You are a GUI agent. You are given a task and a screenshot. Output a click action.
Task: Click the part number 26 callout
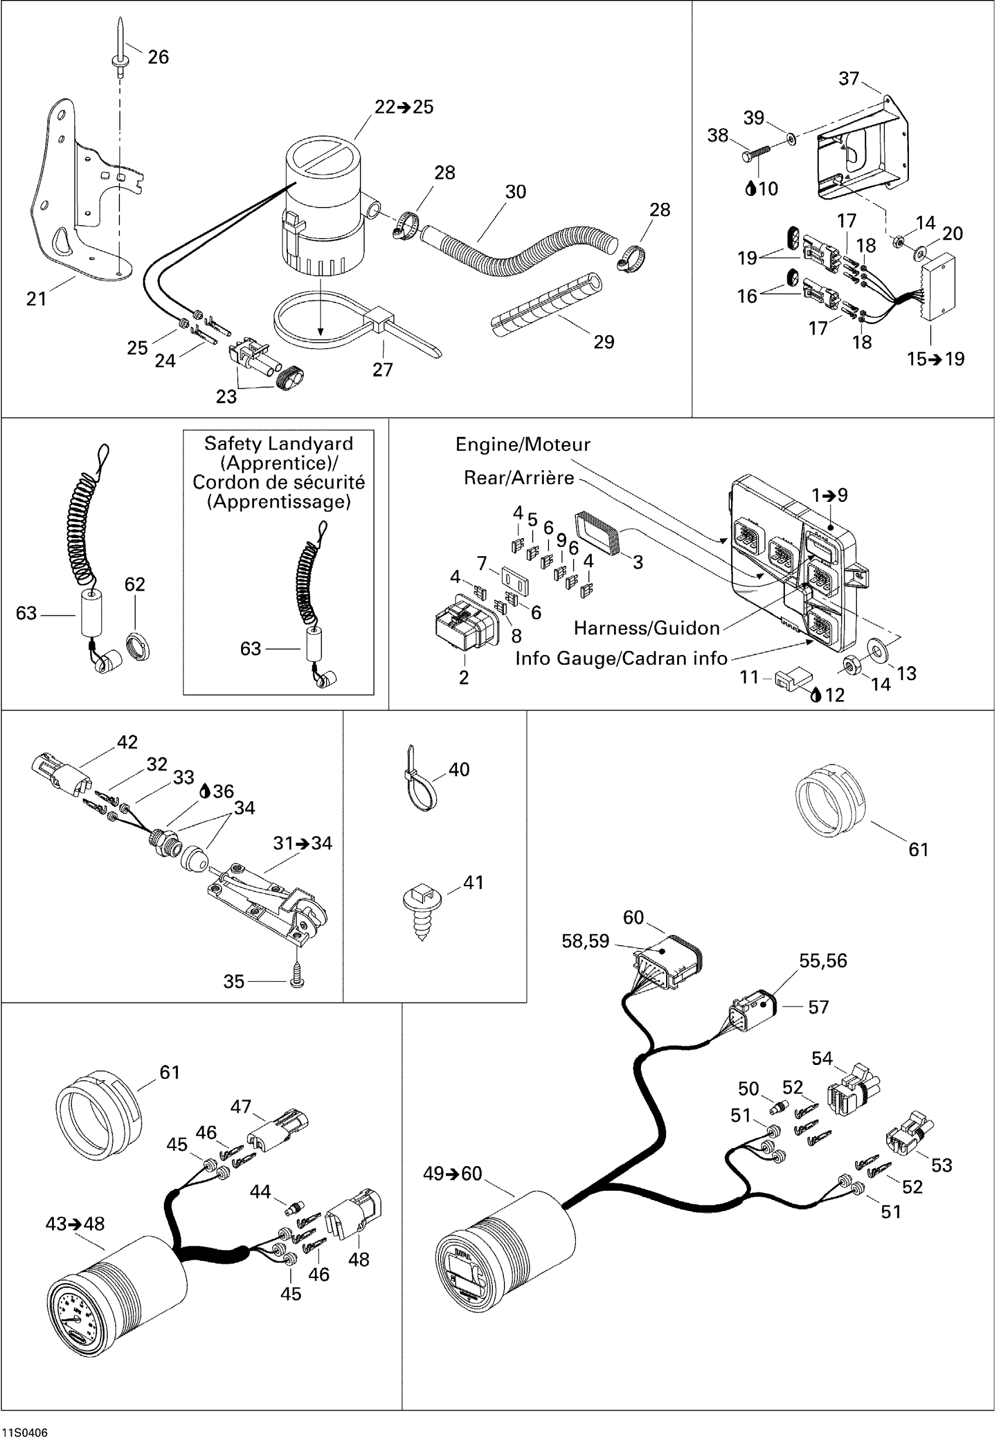click(x=159, y=57)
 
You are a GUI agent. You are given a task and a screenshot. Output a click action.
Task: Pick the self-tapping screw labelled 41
click(x=423, y=912)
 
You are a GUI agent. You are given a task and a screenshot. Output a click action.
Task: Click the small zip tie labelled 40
click(x=420, y=778)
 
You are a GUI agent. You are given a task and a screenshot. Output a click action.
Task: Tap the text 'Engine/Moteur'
click(x=523, y=445)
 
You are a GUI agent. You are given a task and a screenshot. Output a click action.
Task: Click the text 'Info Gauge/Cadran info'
click(x=621, y=659)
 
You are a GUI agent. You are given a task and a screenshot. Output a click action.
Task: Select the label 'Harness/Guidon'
click(x=647, y=628)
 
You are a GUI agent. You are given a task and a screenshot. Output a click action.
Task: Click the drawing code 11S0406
click(x=25, y=1433)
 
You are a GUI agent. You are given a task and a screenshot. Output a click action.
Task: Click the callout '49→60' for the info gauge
click(x=452, y=1174)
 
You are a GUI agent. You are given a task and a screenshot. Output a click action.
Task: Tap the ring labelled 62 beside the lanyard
click(x=138, y=646)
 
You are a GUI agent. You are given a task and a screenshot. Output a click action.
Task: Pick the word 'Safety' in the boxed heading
click(x=231, y=443)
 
